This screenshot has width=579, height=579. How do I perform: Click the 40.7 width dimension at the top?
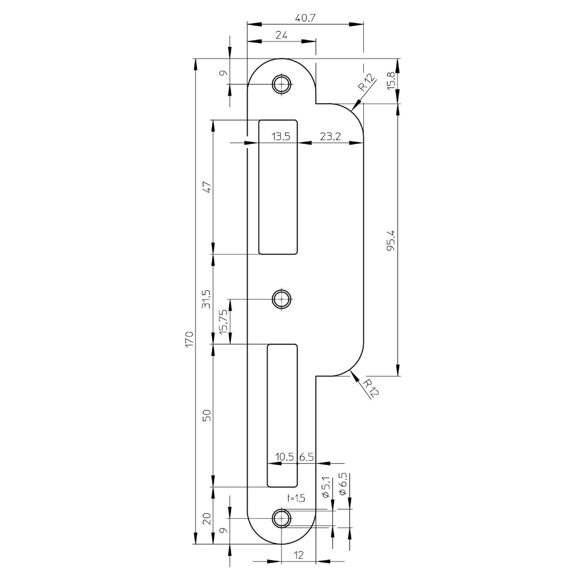[x=305, y=18]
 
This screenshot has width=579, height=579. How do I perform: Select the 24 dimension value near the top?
[x=282, y=35]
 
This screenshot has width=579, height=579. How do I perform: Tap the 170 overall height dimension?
[x=189, y=339]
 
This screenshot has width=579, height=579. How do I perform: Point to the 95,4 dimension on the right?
[x=391, y=240]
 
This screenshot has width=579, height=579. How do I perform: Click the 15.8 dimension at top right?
[x=391, y=80]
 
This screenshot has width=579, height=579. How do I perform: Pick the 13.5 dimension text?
[x=281, y=137]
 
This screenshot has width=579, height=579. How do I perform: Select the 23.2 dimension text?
[x=330, y=137]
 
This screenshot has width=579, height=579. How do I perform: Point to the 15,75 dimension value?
[x=224, y=322]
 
